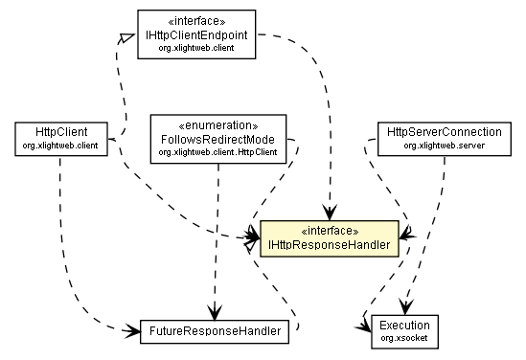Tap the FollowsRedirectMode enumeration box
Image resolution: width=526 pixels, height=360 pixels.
click(x=219, y=138)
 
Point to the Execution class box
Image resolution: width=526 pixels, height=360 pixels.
click(x=403, y=330)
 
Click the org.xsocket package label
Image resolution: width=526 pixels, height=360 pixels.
click(x=403, y=338)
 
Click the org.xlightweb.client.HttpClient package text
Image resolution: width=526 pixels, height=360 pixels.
click(x=219, y=152)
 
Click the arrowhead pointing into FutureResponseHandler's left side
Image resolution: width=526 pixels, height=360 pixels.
click(x=133, y=331)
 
